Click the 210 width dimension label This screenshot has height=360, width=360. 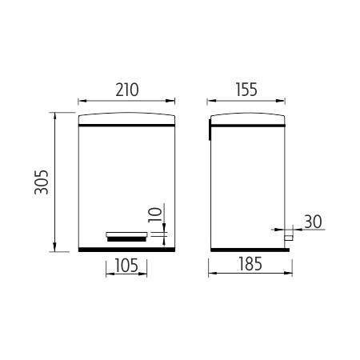127,90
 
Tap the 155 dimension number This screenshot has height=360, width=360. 246,90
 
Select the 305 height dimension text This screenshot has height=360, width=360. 42,182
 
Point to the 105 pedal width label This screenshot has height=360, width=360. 126,266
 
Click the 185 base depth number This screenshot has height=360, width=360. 250,264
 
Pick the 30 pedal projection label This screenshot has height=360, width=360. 313,222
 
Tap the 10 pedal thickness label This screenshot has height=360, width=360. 155,214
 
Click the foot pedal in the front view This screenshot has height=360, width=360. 126,237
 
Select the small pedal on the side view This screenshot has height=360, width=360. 288,238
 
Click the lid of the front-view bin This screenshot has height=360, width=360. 126,119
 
